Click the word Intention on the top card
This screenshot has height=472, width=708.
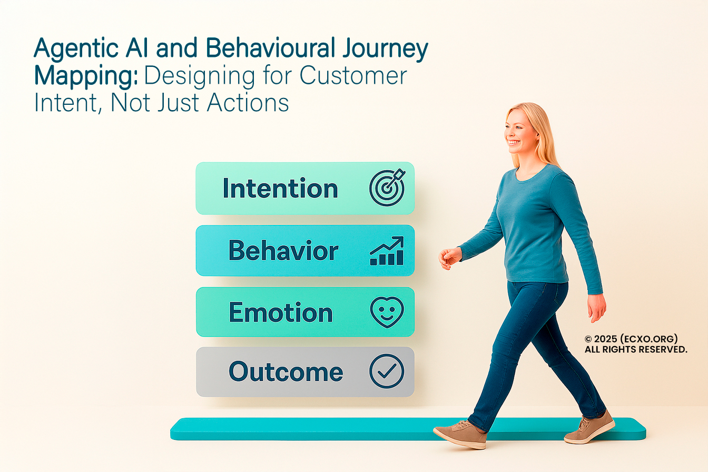coord(280,188)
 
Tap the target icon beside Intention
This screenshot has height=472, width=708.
coord(387,188)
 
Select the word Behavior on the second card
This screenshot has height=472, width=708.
coord(283,250)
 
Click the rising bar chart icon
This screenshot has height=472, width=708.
coord(387,250)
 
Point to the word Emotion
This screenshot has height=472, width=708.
coord(281,312)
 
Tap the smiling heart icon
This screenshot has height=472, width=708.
coord(387,312)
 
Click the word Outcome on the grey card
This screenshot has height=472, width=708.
coord(286,371)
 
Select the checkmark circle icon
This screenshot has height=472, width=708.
coord(387,371)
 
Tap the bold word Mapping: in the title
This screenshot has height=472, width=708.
coord(86,76)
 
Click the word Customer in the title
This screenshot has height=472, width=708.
coord(353,75)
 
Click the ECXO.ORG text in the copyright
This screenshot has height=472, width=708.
coord(649,339)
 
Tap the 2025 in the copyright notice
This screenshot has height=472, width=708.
coord(606,339)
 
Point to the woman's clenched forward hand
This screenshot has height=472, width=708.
coord(450,258)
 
